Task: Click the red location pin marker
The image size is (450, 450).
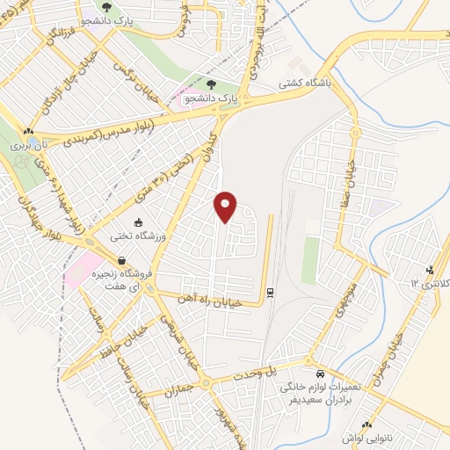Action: click(x=227, y=206)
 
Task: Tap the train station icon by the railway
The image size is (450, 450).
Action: click(x=271, y=292)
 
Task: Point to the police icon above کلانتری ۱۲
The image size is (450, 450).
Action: click(x=430, y=269)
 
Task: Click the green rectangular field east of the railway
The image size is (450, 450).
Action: click(x=309, y=254)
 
